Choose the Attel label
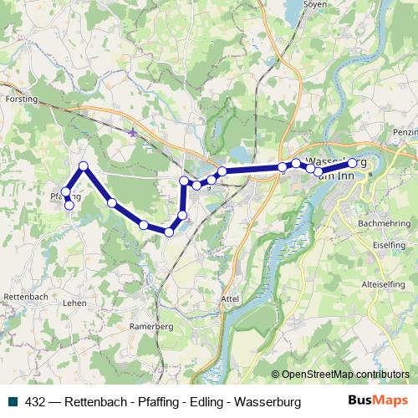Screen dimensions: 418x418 click(x=230, y=297)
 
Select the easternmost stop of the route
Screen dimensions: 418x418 click(x=353, y=163)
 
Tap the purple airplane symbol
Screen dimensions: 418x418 click(x=132, y=131)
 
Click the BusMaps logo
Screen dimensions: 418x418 click(x=378, y=401)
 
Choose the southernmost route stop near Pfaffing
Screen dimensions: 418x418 click(x=69, y=205)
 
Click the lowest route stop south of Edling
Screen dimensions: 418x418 click(x=169, y=232)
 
